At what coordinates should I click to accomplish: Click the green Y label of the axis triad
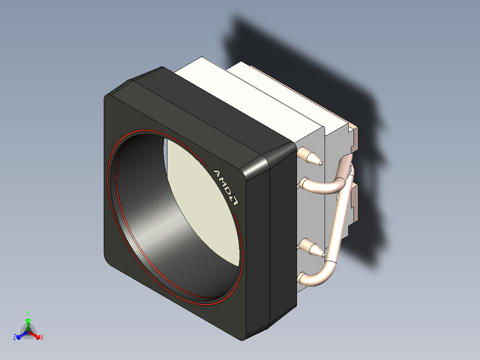tap(28, 313)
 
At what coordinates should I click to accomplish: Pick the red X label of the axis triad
tap(42, 337)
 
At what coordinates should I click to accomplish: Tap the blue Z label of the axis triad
tap(15, 337)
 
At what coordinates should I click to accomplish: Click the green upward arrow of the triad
tap(28, 324)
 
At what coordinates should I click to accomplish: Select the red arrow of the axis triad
tap(34, 335)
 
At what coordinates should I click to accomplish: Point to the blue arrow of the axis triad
tap(22, 335)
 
